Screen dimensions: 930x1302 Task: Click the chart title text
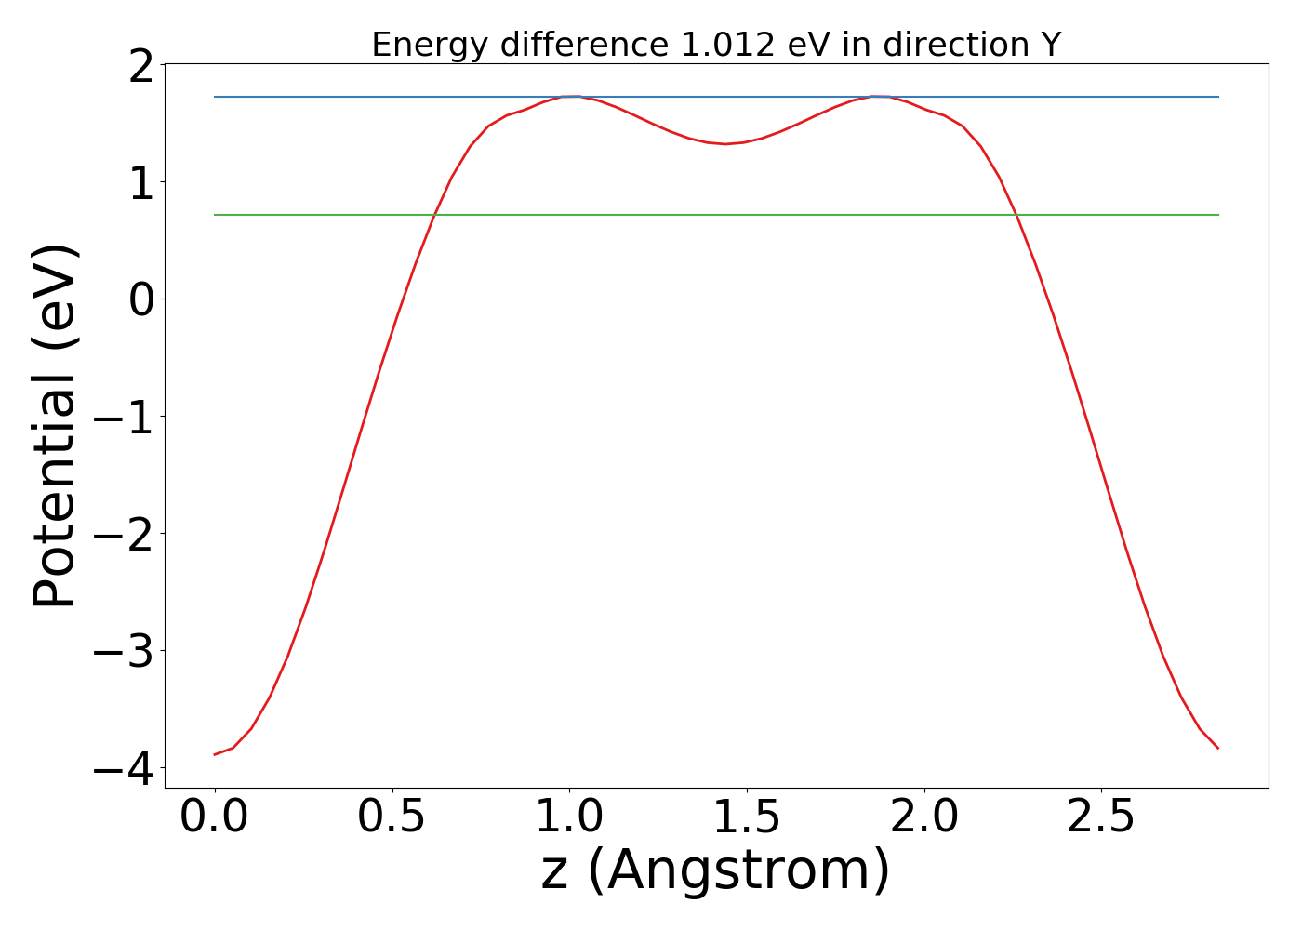[716, 45]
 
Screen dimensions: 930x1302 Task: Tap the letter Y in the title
[1051, 45]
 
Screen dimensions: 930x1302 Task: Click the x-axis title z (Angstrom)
[715, 870]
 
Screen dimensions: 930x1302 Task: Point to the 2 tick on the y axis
[141, 65]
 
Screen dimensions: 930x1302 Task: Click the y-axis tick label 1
[141, 182]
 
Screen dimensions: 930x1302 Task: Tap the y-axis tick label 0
[141, 299]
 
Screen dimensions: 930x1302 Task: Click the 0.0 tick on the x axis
[215, 817]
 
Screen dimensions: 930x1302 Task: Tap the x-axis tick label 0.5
[392, 817]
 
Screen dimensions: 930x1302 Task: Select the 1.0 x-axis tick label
[570, 817]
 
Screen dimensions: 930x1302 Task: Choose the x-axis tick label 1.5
[747, 817]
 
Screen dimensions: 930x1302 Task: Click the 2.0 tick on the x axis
[924, 817]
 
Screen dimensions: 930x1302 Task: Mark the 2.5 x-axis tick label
[1101, 817]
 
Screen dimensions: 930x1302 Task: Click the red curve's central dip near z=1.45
[726, 143]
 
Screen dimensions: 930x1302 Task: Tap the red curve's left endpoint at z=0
[215, 754]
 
